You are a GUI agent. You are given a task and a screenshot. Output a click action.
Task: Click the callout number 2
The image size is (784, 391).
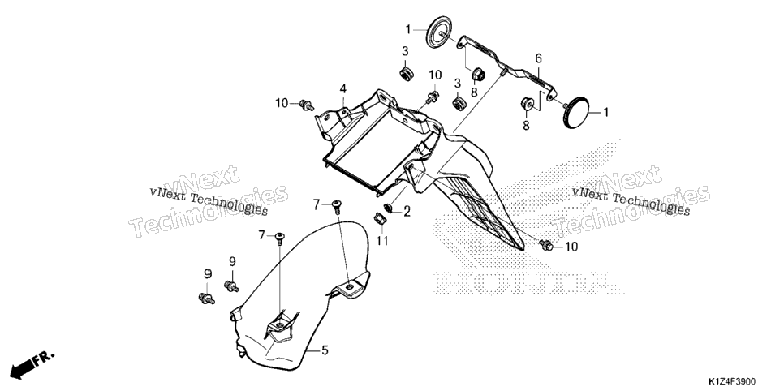tap(407, 212)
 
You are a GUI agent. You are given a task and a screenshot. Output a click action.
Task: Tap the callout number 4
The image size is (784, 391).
tap(343, 89)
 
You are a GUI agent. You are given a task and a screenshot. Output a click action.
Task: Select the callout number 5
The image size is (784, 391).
tap(325, 350)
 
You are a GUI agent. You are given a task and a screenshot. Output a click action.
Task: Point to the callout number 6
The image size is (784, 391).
tap(539, 58)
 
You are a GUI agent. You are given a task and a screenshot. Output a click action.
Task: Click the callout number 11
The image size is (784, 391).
tap(382, 241)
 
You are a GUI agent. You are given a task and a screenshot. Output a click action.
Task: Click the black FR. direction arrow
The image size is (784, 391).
tap(31, 364)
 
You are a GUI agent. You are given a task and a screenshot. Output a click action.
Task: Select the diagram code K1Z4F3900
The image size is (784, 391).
tap(731, 381)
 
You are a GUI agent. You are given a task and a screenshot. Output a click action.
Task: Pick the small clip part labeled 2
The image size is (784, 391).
tap(388, 207)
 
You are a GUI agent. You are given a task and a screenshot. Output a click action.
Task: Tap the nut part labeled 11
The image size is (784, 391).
tap(381, 218)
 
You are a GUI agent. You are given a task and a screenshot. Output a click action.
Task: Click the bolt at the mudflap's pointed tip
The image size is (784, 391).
tap(545, 245)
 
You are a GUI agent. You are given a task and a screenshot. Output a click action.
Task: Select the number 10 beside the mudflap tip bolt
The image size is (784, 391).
tap(571, 247)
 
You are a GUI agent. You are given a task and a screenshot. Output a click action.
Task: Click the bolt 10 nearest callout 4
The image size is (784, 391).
tap(306, 105)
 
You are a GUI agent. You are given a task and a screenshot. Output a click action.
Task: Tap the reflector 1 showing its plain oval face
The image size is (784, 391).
tap(575, 112)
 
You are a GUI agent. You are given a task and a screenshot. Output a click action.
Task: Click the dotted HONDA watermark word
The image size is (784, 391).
tap(528, 283)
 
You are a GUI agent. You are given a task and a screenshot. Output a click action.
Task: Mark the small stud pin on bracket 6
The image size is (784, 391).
tap(501, 73)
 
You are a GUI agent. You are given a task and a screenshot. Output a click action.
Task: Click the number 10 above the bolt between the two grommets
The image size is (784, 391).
tap(435, 75)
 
